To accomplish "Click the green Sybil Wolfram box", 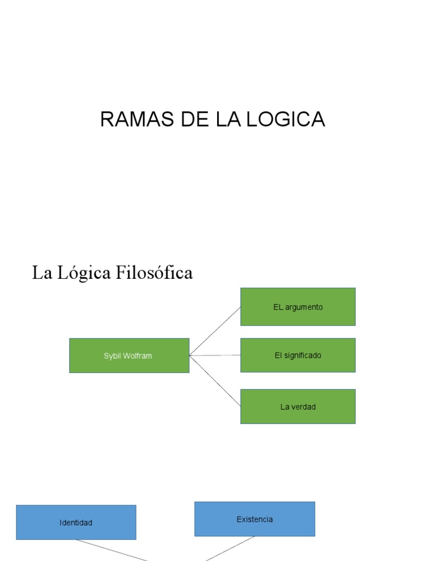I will (x=129, y=356).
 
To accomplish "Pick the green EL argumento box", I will (x=298, y=307).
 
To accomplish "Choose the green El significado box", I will (x=298, y=356).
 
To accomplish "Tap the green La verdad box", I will (x=298, y=407).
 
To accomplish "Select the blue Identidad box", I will (x=76, y=523).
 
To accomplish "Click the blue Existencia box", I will (x=254, y=519).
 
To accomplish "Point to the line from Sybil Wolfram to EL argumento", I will (x=215, y=331).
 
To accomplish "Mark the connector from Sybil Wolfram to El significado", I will (x=215, y=356).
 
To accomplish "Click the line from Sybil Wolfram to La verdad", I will (x=215, y=381).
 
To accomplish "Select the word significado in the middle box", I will (x=303, y=356).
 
